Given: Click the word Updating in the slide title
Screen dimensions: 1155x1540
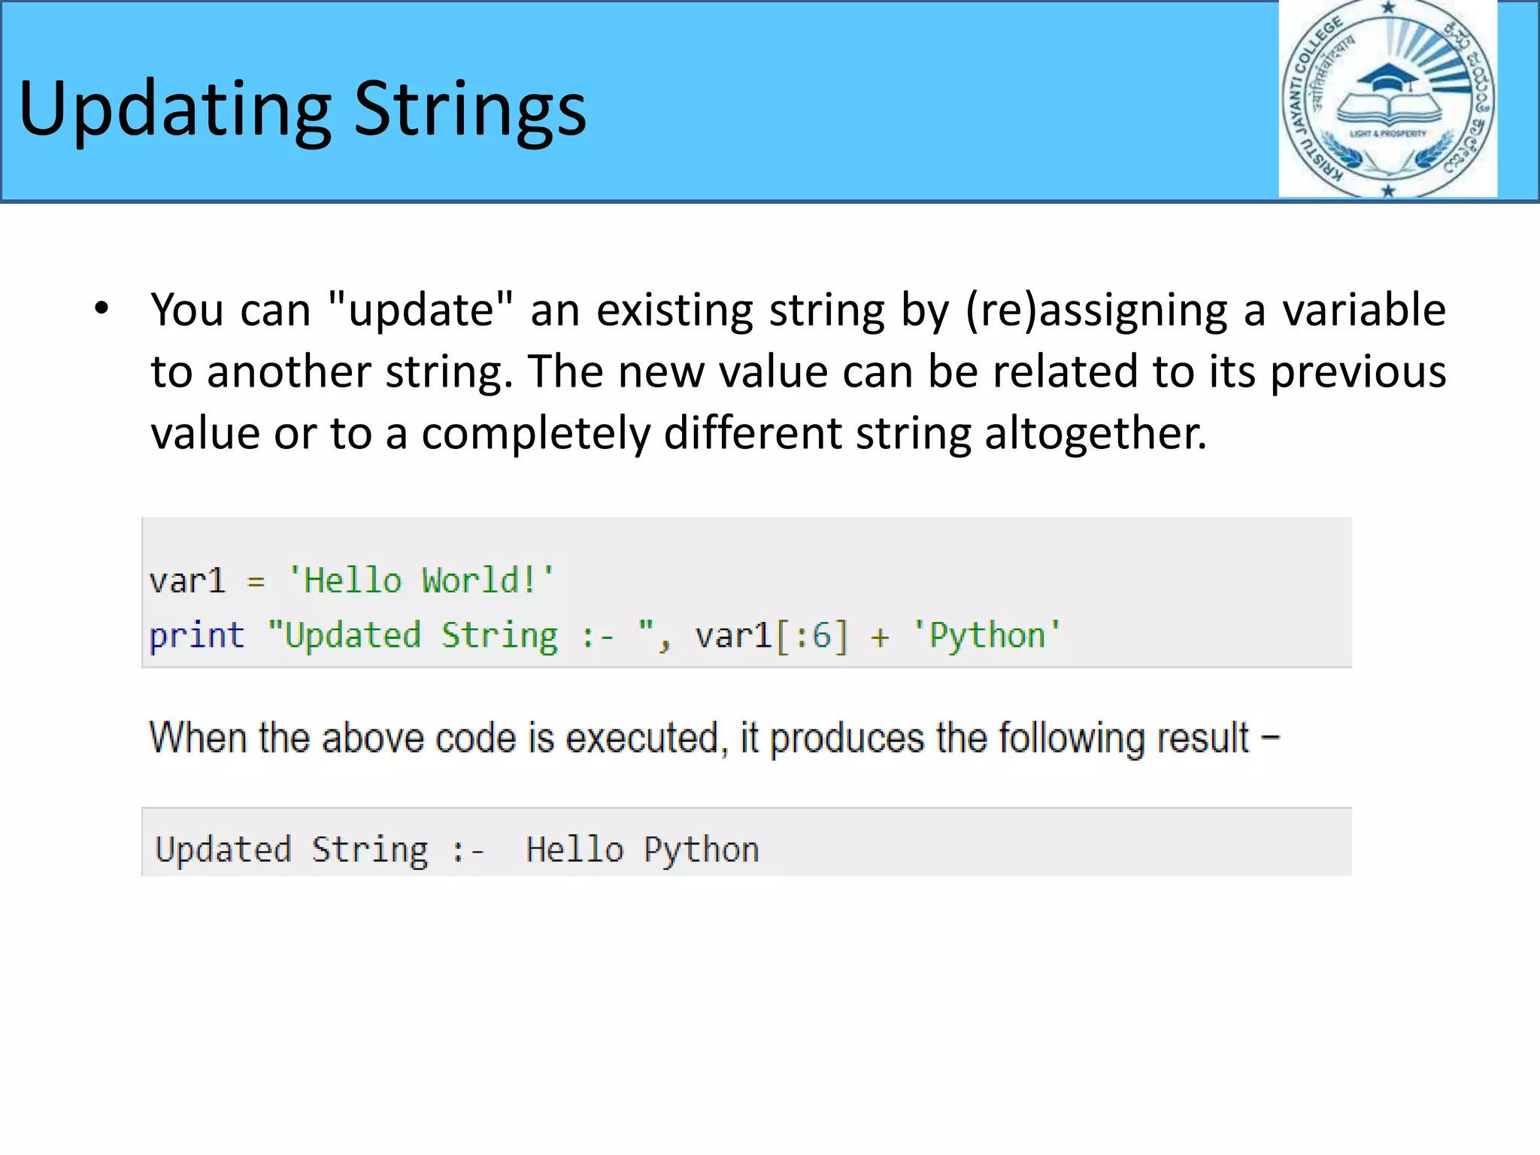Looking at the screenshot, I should (x=174, y=110).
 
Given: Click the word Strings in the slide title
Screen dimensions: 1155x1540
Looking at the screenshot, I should (x=469, y=110).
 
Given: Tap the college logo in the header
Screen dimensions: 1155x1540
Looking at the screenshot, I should (x=1387, y=99).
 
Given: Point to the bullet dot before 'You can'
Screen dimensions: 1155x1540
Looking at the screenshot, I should (x=102, y=308).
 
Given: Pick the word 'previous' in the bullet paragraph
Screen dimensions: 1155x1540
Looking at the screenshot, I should (x=1357, y=373).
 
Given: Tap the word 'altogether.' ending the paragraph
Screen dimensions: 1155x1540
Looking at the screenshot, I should (x=1095, y=435).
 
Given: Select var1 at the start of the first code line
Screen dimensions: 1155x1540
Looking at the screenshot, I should (x=187, y=581).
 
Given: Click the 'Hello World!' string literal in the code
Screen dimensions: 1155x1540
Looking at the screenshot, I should (x=421, y=581).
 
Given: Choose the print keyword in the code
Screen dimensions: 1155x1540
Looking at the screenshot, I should (x=197, y=636).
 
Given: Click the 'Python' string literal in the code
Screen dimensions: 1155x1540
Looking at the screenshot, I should (x=987, y=636).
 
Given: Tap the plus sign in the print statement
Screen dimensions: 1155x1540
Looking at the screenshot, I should (x=880, y=638).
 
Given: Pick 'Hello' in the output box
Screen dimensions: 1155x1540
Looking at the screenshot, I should (x=574, y=850).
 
